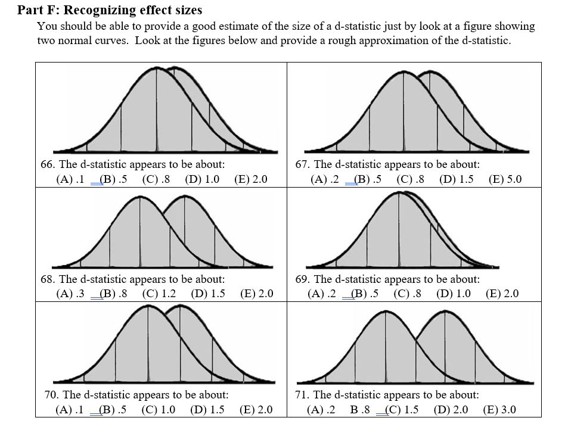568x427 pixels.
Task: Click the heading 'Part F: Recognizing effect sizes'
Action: (x=110, y=10)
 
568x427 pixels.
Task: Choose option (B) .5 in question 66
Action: (x=114, y=179)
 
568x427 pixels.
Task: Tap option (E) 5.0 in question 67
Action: (x=505, y=179)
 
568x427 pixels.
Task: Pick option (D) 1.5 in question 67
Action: (x=456, y=179)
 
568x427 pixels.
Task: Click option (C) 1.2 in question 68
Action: (x=159, y=293)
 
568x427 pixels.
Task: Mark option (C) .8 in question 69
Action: (x=407, y=293)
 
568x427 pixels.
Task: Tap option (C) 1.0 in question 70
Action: (x=159, y=409)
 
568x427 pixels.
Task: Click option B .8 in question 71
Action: (x=360, y=409)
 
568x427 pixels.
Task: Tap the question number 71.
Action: (x=303, y=394)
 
